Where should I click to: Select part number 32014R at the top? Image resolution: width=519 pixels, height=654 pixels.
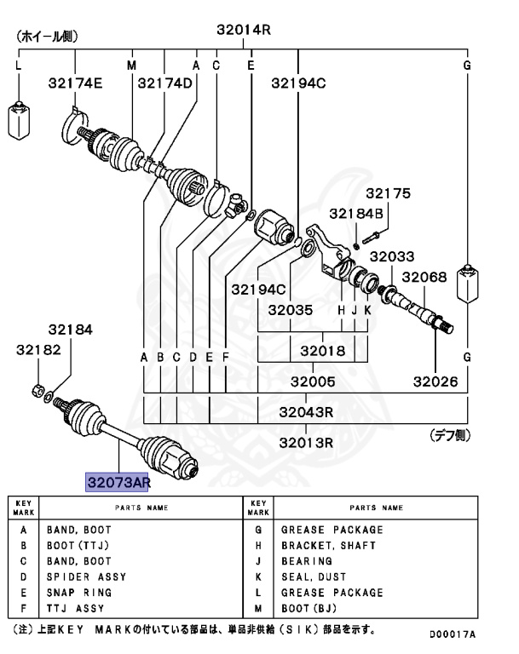pyautogui.click(x=244, y=30)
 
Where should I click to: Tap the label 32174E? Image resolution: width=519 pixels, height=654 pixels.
pyautogui.click(x=75, y=83)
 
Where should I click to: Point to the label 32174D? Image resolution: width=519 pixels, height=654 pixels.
pyautogui.click(x=165, y=83)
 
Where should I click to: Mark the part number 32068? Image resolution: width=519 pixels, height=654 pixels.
pyautogui.click(x=424, y=278)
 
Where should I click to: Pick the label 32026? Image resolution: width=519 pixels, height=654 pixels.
pyautogui.click(x=436, y=382)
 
